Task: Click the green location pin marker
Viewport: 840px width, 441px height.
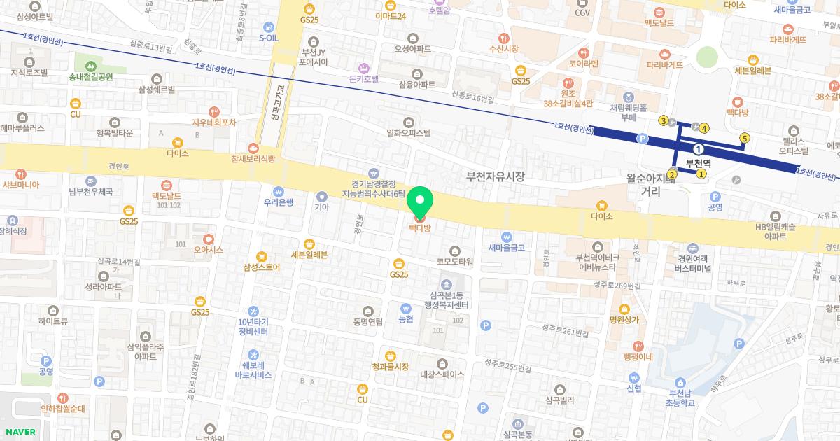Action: (420, 203)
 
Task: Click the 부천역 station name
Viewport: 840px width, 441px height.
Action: (698, 163)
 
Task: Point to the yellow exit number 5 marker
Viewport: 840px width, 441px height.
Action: (745, 138)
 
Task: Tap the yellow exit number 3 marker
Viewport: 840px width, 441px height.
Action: (664, 120)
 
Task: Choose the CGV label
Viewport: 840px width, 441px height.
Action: (582, 13)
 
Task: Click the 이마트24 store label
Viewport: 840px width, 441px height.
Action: (391, 16)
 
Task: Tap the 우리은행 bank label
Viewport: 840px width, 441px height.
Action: (278, 202)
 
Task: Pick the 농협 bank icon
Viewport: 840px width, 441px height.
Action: (405, 308)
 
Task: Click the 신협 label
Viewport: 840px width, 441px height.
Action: (634, 388)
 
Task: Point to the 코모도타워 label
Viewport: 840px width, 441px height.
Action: (455, 262)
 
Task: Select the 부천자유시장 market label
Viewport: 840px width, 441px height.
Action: (496, 177)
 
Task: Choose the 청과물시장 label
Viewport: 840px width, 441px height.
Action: (390, 367)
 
